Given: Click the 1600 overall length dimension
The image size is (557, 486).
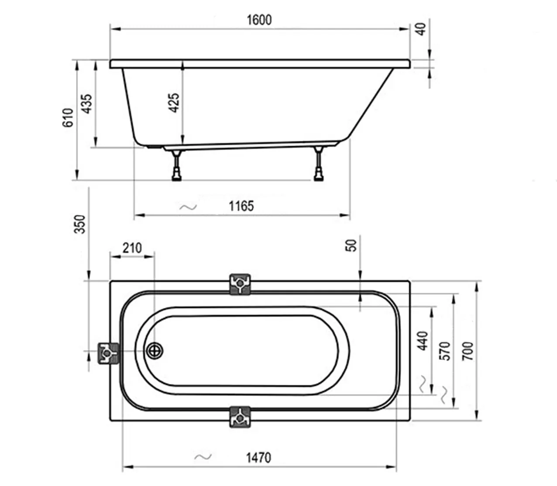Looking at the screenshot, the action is click(x=259, y=20).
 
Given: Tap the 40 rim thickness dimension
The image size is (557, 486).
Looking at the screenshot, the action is click(x=421, y=29).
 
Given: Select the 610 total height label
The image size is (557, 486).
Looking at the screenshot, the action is click(x=68, y=117).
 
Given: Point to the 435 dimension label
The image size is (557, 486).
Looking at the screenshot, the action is click(x=87, y=104).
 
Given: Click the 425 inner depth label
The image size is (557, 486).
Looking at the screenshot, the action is click(x=174, y=103).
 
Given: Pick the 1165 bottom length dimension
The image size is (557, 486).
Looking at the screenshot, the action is click(x=241, y=206).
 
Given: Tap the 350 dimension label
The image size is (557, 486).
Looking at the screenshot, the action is click(x=80, y=224).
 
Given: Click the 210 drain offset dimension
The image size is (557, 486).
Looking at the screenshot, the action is click(x=132, y=248).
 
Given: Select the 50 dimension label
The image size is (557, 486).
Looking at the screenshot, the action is click(x=351, y=245).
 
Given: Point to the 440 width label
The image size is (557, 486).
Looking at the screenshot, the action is click(x=423, y=341).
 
